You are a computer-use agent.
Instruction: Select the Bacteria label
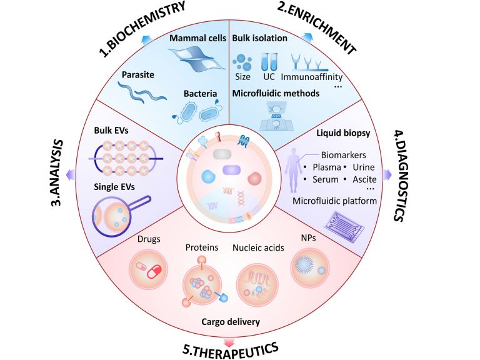pyautogui.click(x=200, y=93)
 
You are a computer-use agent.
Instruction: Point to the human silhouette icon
pyautogui.click(x=290, y=164)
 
